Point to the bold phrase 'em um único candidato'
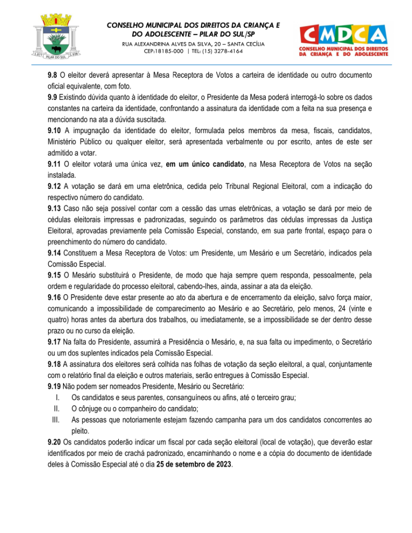(205, 164)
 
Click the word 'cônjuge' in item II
(93, 409)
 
